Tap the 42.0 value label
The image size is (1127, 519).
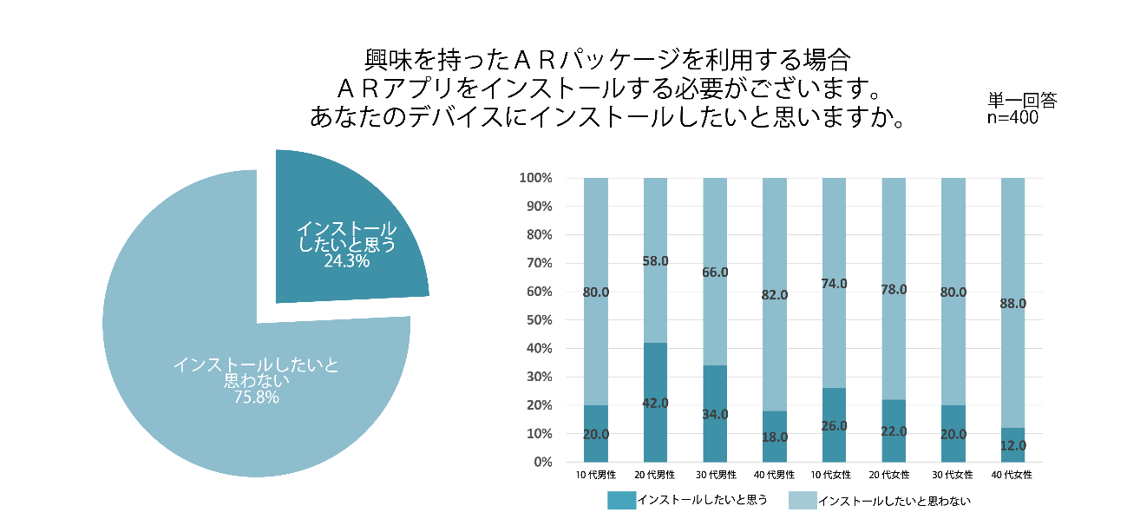(655, 404)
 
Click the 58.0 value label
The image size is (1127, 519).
(655, 261)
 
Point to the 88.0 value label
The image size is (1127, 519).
(1012, 304)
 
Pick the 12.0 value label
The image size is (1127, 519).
(1012, 445)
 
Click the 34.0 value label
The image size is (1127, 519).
(715, 414)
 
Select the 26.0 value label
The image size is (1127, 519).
(834, 425)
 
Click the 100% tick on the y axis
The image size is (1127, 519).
(535, 178)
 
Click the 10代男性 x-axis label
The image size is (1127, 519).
(595, 476)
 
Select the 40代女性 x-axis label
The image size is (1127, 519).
(1012, 476)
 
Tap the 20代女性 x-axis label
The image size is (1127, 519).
(894, 476)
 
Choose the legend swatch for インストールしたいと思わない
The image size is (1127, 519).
(801, 501)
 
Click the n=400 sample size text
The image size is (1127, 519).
(1012, 118)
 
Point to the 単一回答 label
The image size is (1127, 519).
(1022, 101)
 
